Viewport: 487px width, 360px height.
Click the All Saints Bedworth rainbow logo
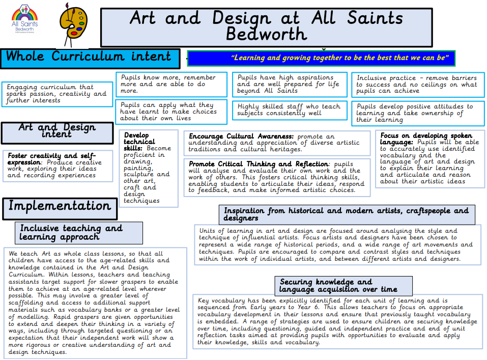[x=25, y=18]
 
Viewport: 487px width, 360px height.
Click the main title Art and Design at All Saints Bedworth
[x=266, y=26]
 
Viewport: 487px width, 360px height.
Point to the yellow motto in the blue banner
[x=321, y=58]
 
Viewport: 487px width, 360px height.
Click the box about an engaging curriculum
[x=57, y=94]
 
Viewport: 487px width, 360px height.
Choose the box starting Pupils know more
[x=170, y=84]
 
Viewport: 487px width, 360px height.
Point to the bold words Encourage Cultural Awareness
[x=242, y=136]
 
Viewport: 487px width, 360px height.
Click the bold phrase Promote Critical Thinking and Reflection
[x=259, y=164]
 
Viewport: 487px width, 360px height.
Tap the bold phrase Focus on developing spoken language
[x=418, y=139]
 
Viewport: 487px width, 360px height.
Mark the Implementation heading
[x=60, y=206]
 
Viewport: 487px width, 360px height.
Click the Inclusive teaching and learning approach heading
[x=71, y=233]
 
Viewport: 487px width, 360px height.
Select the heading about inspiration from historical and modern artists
[x=346, y=214]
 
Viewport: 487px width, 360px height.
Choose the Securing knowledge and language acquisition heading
[x=338, y=285]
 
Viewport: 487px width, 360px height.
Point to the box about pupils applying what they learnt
[x=170, y=112]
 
